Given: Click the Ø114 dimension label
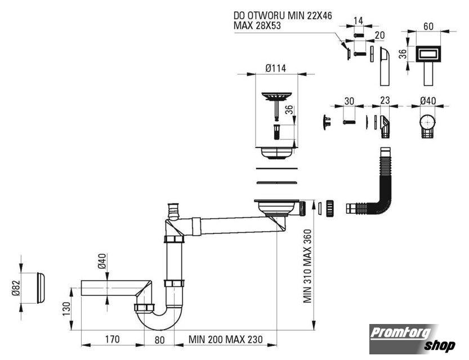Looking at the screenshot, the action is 275,69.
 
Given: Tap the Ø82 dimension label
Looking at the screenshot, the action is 16,287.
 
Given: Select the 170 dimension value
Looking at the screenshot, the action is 112,339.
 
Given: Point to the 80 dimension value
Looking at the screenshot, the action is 159,340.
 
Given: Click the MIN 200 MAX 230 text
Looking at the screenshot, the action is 226,339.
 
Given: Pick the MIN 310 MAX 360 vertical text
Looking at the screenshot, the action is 307,266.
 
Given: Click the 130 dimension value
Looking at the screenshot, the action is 66,308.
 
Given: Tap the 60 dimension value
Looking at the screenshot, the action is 428,26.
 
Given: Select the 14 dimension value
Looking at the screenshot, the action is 358,21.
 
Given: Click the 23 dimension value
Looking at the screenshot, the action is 385,100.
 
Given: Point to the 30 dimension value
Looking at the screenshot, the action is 349,101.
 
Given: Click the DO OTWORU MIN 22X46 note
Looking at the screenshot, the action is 283,15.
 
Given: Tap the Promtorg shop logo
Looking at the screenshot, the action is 413,339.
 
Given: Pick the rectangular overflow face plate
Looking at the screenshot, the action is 428,54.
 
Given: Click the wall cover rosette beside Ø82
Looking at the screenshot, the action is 41,287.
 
